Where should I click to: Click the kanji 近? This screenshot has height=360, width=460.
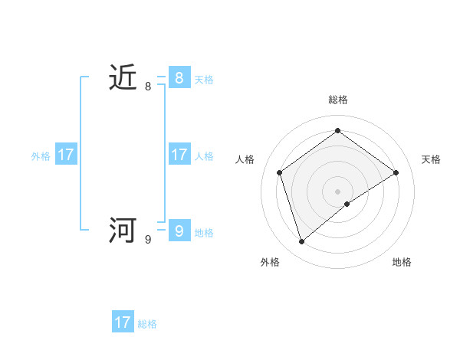coord(123,78)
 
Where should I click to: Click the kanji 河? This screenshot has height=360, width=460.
coord(123,231)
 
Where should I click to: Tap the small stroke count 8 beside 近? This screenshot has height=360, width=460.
coord(148,87)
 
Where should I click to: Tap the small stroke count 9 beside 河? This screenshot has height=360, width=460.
coord(148,240)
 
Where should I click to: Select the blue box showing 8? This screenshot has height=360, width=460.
coord(179,78)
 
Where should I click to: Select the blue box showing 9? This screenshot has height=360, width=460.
coord(179,231)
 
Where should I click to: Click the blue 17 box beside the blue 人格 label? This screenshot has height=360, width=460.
coord(179,155)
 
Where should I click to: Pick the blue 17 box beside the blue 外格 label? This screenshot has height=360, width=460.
coord(66,155)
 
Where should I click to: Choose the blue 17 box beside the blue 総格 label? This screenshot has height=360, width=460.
coord(123,322)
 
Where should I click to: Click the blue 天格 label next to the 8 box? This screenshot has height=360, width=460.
coord(204,80)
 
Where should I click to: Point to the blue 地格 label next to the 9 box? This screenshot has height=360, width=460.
coord(204,233)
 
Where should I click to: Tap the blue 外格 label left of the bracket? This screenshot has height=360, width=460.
coord(41,156)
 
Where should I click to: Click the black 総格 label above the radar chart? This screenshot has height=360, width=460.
coord(338,100)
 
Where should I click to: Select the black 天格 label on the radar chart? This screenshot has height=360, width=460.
coord(432,159)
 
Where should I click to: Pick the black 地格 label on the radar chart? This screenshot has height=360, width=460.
coord(402,262)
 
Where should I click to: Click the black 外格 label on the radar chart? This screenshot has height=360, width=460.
coord(270,262)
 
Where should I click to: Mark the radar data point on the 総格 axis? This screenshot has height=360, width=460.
coord(337,130)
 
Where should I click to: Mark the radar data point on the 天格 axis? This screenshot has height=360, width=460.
coord(396,172)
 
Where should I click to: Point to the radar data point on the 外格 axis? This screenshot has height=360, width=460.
coord(301,242)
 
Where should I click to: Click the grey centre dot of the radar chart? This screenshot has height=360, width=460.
coord(337,191)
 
